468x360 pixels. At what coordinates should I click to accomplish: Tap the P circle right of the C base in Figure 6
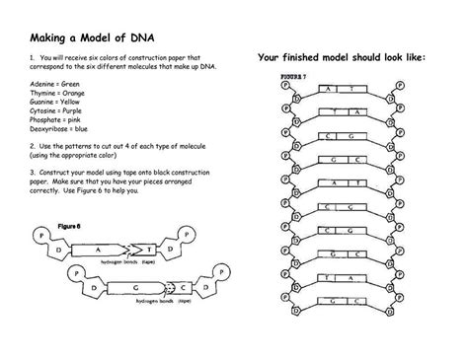[x=216, y=277]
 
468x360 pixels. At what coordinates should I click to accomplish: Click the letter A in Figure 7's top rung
[x=327, y=88]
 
